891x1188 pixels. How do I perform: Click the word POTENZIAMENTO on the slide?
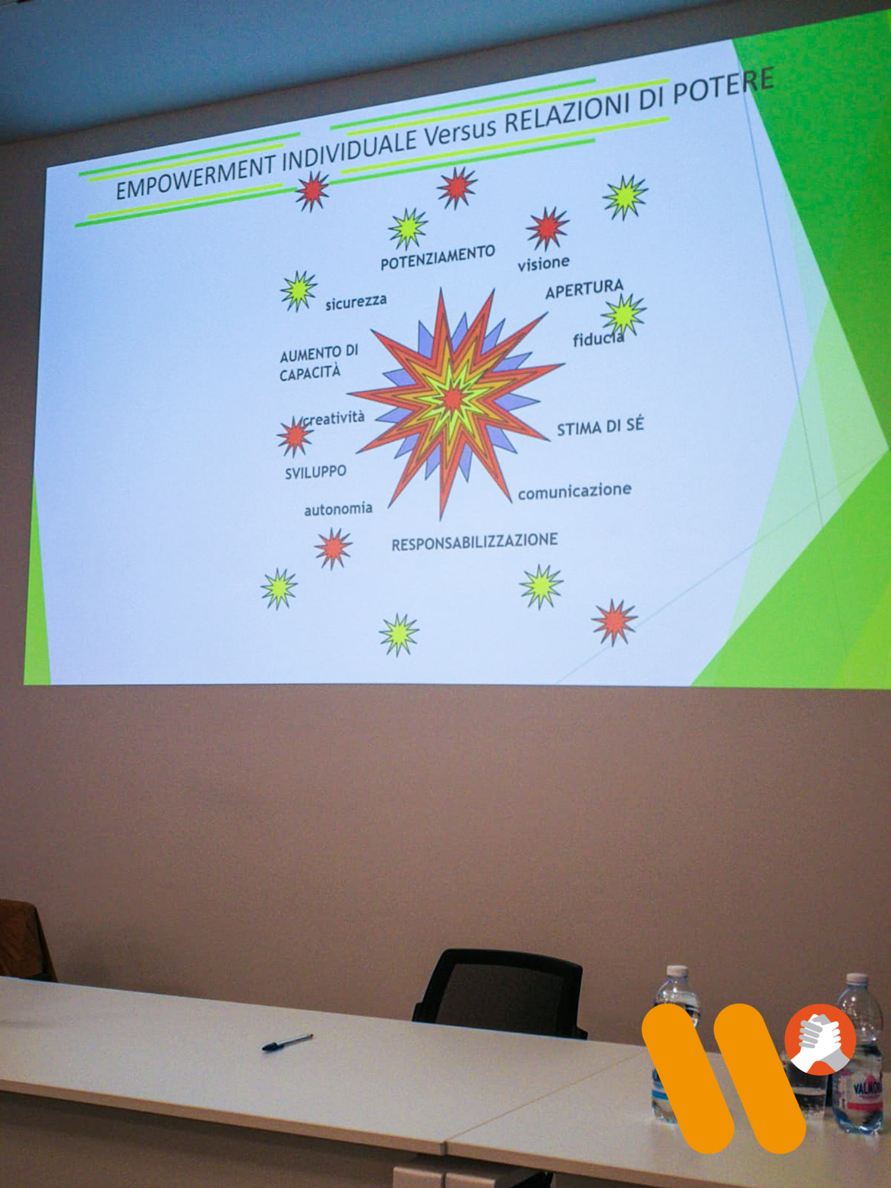coord(438,258)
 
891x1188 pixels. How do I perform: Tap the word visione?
coord(543,263)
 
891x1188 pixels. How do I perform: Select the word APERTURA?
coord(584,289)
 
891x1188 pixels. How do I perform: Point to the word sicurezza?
coord(355,302)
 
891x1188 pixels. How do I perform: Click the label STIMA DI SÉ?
coord(600,426)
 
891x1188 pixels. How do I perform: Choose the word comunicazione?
coord(574,491)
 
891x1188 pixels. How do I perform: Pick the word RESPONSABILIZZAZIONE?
coord(475,542)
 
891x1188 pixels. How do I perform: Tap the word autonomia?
coord(338,509)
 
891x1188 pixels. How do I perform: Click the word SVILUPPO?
coord(315,472)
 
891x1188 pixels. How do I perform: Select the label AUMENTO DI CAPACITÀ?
coord(318,362)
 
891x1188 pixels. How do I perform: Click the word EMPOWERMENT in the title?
coord(197,176)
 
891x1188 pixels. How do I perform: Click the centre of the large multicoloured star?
coord(453,399)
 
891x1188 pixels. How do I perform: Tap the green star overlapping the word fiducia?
coord(623,314)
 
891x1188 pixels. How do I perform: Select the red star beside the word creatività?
coord(294,437)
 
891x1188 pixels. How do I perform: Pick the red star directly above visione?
coord(547,228)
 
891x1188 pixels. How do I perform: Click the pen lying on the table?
coord(287,1041)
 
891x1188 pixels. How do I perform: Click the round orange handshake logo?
coord(820,1039)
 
